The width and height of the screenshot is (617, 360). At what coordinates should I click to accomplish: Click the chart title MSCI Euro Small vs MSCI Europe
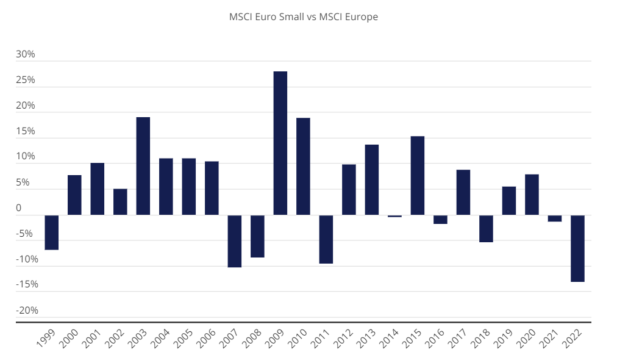tap(303, 17)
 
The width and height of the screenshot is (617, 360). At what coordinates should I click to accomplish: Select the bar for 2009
tap(280, 143)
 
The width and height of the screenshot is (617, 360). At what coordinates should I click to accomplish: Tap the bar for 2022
tap(577, 248)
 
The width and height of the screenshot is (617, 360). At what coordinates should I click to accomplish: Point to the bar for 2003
tap(143, 165)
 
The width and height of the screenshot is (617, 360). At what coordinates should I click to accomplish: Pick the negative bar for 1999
tap(52, 232)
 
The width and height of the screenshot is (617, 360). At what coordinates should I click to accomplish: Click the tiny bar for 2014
tap(394, 216)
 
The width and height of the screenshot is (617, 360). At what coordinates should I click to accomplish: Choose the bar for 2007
tap(235, 241)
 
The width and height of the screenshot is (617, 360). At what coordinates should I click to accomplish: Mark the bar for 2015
tap(418, 175)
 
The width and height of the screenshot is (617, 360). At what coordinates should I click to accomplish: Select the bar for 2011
tap(326, 239)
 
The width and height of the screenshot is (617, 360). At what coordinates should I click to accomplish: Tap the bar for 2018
tap(486, 228)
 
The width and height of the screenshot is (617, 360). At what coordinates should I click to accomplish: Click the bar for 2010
tap(303, 166)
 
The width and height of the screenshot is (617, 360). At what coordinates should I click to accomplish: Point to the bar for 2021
tap(555, 218)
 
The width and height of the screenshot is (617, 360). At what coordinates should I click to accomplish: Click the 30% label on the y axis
tap(26, 54)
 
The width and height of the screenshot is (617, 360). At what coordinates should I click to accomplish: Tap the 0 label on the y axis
tap(18, 208)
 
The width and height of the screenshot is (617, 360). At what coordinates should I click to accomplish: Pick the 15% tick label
tap(26, 131)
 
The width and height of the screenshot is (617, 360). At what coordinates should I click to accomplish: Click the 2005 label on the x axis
tap(185, 339)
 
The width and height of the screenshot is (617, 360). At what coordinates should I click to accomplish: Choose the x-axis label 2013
tap(368, 339)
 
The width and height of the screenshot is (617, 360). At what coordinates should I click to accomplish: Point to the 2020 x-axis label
tap(528, 339)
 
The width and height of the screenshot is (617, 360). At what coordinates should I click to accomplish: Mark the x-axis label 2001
tap(94, 339)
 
